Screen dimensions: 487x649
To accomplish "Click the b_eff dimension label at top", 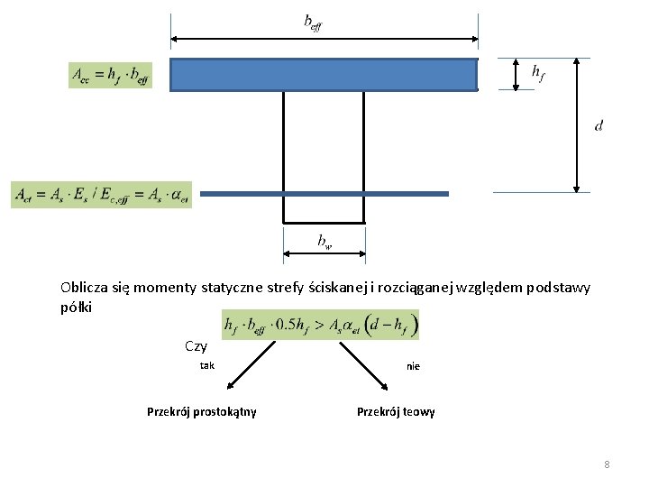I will [x=313, y=22].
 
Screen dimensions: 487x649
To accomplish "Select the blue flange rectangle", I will [x=324, y=75].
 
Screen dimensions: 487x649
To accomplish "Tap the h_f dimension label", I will [x=537, y=72].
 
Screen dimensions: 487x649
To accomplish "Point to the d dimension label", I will [x=599, y=125].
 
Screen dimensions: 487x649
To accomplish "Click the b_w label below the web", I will [x=324, y=240].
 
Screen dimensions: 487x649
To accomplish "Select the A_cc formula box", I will [x=110, y=75].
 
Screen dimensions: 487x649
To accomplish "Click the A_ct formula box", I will [x=101, y=195].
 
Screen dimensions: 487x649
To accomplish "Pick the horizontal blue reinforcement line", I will [x=324, y=194].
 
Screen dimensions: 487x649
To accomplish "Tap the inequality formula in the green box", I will [x=320, y=325].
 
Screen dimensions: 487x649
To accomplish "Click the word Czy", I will [x=196, y=346].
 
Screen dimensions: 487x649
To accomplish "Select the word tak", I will [x=207, y=365].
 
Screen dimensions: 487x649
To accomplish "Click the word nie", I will [x=413, y=366].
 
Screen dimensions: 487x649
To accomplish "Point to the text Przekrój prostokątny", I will [x=201, y=412].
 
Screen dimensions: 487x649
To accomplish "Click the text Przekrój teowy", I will [x=396, y=412].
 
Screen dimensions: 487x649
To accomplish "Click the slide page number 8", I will [x=607, y=464].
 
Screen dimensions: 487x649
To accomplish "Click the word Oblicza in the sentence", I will [x=82, y=288].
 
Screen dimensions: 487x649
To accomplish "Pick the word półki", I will [x=77, y=307].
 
